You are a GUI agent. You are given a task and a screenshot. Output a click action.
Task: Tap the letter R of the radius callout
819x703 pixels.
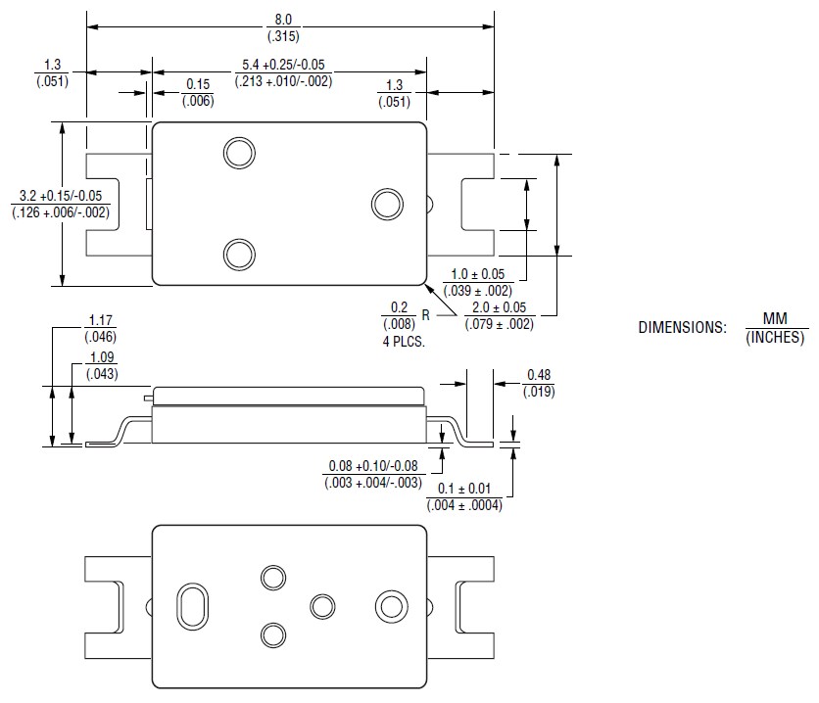click(x=426, y=315)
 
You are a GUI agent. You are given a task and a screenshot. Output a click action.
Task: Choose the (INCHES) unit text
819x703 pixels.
click(x=774, y=338)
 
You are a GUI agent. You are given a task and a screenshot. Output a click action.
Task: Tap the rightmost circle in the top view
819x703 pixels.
click(x=387, y=204)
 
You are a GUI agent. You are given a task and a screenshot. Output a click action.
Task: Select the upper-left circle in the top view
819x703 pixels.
click(x=237, y=152)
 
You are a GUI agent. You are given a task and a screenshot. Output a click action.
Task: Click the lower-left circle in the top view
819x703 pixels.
click(x=237, y=255)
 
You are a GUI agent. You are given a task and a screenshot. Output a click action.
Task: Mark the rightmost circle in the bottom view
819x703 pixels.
click(x=390, y=606)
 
